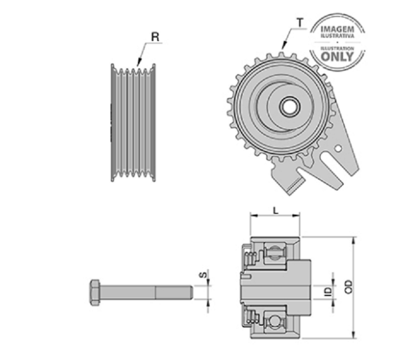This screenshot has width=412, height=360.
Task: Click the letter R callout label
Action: coord(156,37)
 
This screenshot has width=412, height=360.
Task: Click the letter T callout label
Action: coord(300,23)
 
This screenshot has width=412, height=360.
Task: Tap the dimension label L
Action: coord(275,211)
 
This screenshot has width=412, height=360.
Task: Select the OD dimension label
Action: coord(348,287)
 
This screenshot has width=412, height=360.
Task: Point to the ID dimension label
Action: coord(328,292)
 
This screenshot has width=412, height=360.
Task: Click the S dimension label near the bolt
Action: coord(204,275)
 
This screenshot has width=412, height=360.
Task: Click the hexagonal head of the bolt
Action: coord(95,293)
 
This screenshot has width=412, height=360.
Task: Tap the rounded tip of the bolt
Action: coord(191,292)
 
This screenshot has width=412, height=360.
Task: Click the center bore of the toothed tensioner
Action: coord(290,106)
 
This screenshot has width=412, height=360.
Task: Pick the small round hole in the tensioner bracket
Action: coord(338,149)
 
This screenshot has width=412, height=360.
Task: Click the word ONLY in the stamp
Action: coord(337,56)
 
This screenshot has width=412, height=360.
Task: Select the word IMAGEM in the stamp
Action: coord(338,29)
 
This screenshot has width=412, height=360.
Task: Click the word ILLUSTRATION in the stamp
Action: coord(337,48)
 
